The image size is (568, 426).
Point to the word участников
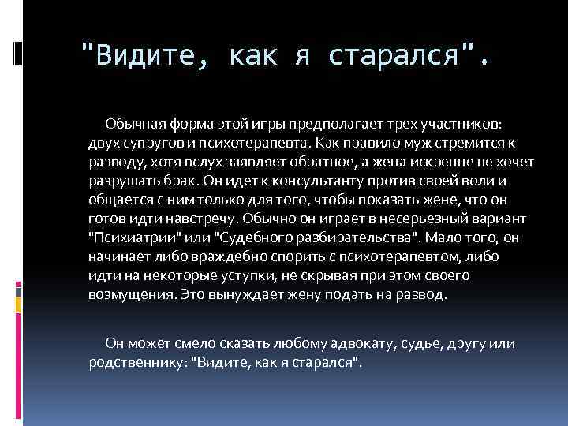point(465,125)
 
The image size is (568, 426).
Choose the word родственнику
point(135,361)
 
